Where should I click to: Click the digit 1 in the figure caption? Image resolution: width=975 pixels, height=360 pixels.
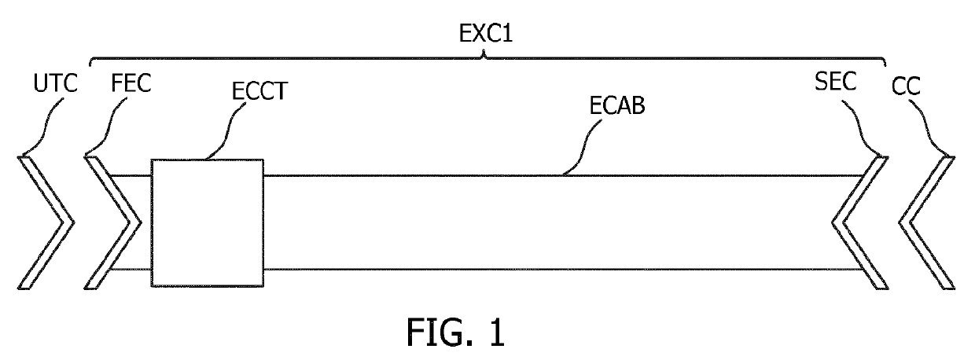[495, 332]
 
